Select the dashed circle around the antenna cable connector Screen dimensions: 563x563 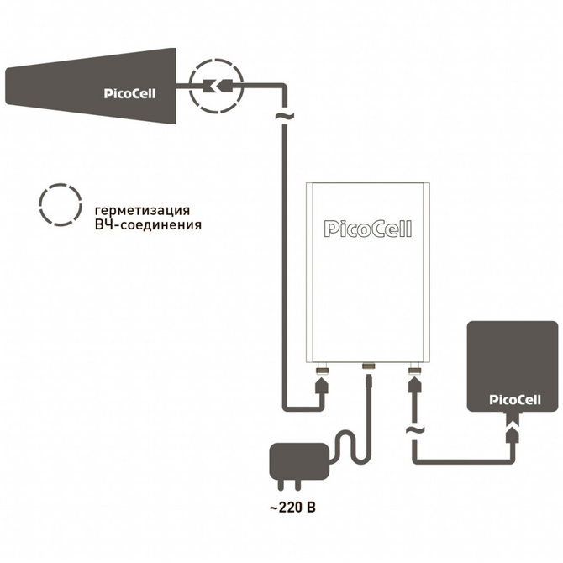214,85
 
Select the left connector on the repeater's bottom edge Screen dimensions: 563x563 321,369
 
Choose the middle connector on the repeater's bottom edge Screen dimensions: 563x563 367,366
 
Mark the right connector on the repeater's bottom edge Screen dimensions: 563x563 413,369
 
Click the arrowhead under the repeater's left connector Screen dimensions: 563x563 321,385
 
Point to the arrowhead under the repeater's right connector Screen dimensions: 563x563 413,385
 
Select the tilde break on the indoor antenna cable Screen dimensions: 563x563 413,432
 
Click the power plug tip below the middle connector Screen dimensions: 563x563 367,382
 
